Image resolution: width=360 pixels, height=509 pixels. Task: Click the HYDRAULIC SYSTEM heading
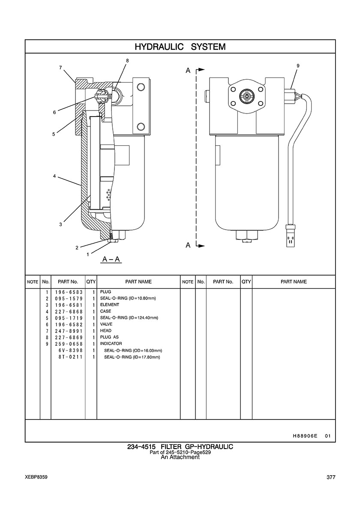pyautogui.click(x=180, y=47)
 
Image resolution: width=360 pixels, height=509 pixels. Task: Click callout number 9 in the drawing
pyautogui.click(x=298, y=66)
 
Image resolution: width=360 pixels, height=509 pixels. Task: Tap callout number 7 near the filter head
pyautogui.click(x=60, y=68)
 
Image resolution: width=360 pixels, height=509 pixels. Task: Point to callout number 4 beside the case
pyautogui.click(x=54, y=176)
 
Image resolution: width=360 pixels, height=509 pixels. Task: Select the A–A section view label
pyautogui.click(x=111, y=259)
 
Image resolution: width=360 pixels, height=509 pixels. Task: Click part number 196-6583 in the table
pyautogui.click(x=69, y=292)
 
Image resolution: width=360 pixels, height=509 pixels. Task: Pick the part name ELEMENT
pyautogui.click(x=109, y=305)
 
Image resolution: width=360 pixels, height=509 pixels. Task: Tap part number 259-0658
pyautogui.click(x=69, y=344)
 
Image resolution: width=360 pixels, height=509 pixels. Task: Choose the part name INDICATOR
pyautogui.click(x=111, y=344)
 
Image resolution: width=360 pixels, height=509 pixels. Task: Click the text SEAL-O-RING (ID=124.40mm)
pyautogui.click(x=129, y=318)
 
